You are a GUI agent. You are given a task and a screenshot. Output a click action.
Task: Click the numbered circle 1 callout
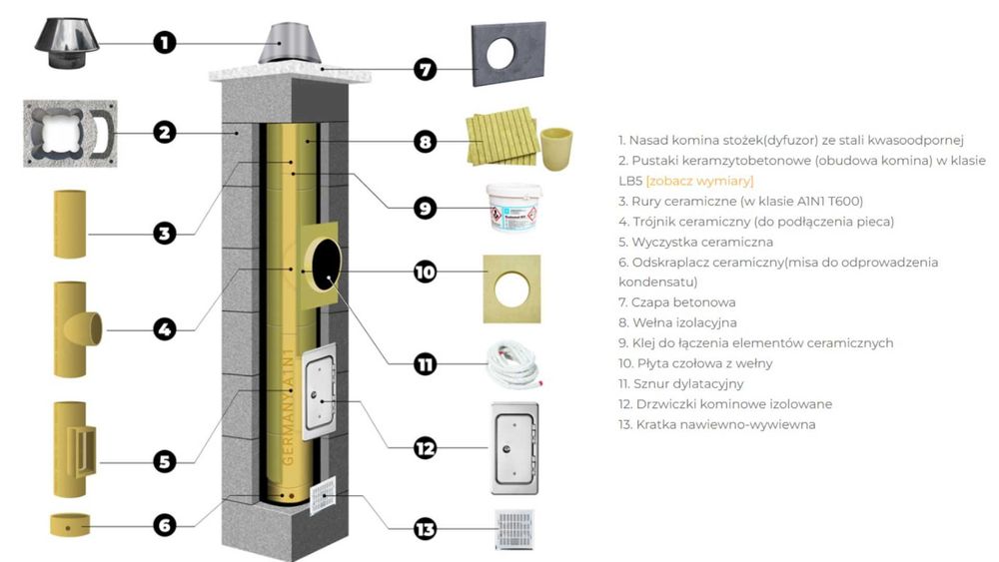tap(165, 42)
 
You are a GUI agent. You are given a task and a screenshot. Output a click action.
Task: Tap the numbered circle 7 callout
tap(426, 70)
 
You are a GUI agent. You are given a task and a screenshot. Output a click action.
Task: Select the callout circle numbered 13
tap(426, 529)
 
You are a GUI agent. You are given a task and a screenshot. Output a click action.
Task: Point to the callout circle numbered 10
tap(426, 271)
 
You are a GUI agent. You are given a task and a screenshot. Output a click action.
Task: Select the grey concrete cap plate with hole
tap(507, 53)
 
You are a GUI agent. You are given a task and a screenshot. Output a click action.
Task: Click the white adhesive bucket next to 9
tap(512, 207)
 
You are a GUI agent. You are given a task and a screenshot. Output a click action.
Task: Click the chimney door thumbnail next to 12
tap(514, 448)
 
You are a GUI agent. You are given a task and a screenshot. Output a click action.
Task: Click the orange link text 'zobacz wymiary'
tap(699, 181)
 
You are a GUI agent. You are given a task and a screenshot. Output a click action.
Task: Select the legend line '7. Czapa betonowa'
tap(676, 301)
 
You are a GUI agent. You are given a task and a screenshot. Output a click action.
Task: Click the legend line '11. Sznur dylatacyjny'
tap(680, 383)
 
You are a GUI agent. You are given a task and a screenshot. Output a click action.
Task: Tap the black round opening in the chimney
tap(325, 266)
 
